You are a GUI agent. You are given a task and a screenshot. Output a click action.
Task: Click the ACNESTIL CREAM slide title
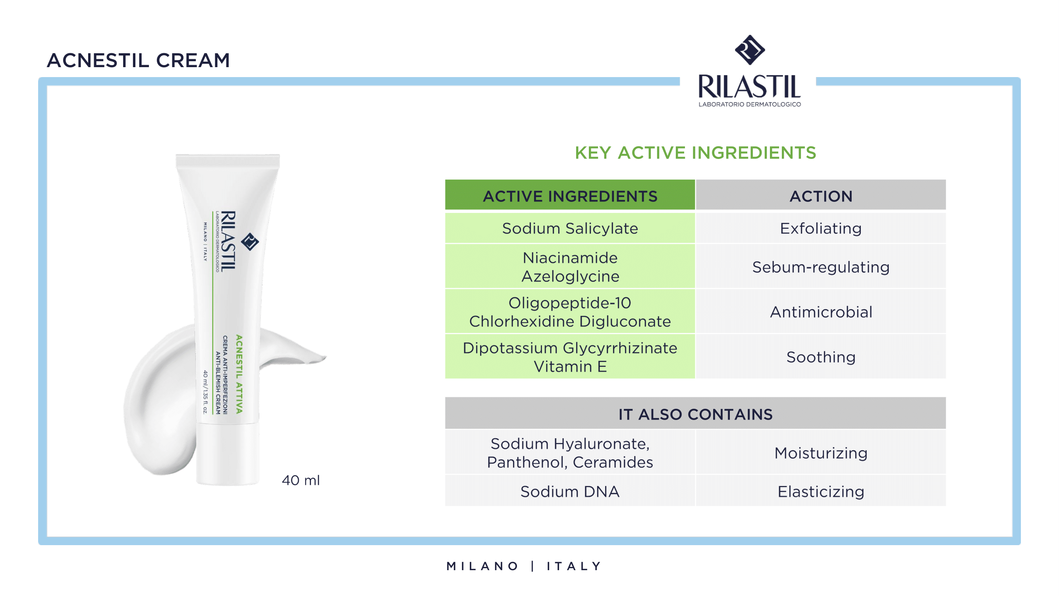coord(138,60)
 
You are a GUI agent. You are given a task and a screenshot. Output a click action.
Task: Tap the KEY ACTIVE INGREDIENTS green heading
coord(695,153)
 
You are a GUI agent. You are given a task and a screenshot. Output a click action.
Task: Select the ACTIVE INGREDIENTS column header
coord(570,196)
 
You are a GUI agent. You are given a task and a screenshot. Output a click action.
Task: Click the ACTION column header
coord(821,196)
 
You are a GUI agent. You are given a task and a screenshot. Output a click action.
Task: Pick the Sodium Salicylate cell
coord(570,228)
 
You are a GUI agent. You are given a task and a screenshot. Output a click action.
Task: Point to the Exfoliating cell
coord(821,228)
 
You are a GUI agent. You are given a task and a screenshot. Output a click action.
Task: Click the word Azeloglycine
coord(570,277)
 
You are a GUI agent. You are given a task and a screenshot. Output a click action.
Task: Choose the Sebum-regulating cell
coord(821,267)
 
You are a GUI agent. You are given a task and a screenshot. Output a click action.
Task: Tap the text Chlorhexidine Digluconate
coord(570,321)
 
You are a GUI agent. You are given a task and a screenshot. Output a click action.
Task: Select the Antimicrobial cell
coord(821,312)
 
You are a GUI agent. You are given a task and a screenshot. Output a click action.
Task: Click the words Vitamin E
coord(570,366)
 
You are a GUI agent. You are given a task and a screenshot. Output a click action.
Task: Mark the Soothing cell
coord(821,357)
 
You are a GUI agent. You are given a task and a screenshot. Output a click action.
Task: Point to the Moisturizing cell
coord(821,453)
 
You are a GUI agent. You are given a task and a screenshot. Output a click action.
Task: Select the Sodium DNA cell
coord(570,492)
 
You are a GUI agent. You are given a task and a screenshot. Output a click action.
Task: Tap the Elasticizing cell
coord(821,492)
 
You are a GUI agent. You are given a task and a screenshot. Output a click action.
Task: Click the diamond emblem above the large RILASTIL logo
coord(750,50)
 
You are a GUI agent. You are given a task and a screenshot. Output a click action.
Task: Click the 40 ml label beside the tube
coord(301,480)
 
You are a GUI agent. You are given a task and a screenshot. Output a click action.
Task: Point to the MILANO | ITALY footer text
coord(524,566)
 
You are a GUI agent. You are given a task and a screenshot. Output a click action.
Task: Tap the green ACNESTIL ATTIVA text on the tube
coord(239,374)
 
